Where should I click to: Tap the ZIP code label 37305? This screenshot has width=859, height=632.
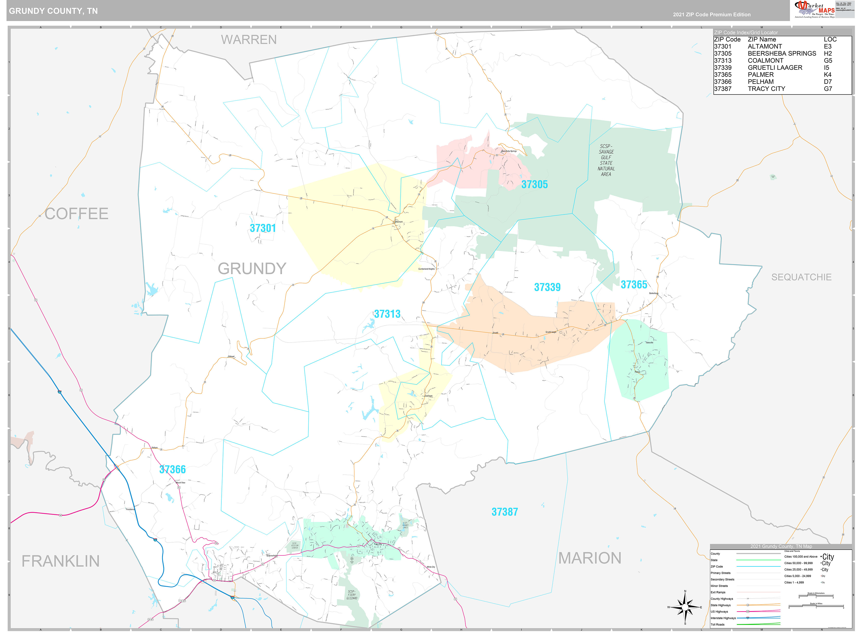(534, 184)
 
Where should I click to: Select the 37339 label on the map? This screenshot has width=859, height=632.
(547, 287)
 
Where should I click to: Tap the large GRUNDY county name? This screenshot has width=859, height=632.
(252, 269)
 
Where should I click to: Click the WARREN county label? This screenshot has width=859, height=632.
(249, 40)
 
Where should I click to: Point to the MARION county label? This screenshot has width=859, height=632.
(590, 558)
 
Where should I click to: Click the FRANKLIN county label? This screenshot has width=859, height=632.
(61, 561)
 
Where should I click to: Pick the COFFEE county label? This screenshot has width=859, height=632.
(77, 214)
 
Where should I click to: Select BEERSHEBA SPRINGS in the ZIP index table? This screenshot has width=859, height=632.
(782, 53)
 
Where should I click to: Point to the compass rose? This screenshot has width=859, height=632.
(685, 607)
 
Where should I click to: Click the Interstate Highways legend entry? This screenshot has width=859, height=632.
(723, 618)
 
